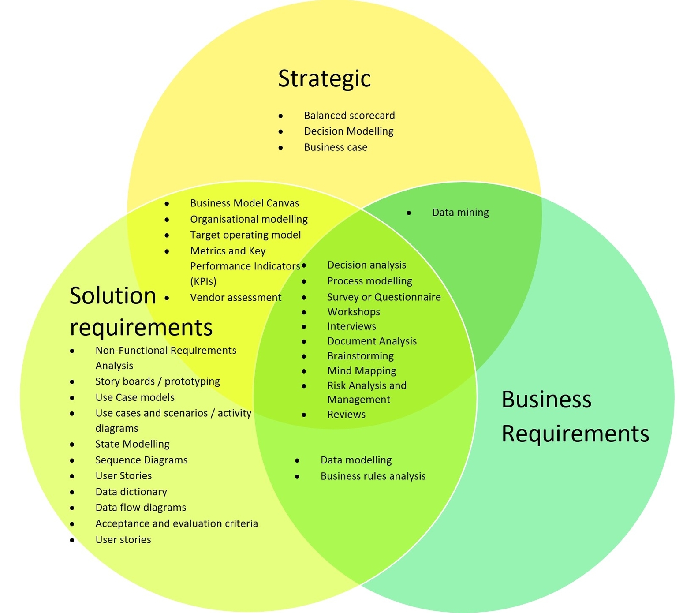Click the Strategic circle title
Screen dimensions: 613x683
(x=324, y=79)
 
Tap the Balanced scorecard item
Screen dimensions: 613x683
(x=349, y=116)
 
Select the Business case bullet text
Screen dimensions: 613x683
(x=336, y=147)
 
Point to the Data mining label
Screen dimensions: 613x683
(x=460, y=213)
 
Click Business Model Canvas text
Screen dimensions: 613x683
(x=244, y=203)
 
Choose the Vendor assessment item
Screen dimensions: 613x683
(x=235, y=298)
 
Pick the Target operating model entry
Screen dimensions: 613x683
(x=245, y=235)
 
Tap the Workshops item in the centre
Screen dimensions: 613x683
(x=353, y=312)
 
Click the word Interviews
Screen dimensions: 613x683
(x=351, y=326)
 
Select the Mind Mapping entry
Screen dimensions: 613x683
(x=362, y=371)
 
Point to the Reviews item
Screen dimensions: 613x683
(x=346, y=415)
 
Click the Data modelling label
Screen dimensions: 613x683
(x=356, y=460)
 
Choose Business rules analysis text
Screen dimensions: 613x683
(x=373, y=476)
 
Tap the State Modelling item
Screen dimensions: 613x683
(x=132, y=444)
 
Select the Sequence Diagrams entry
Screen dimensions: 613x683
(x=141, y=460)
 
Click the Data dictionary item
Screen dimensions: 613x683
(x=131, y=492)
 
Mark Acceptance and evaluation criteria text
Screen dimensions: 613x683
(x=176, y=523)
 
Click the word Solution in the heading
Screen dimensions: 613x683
(x=113, y=295)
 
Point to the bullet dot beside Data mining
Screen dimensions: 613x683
(x=409, y=213)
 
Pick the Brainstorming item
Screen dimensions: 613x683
(x=360, y=356)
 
